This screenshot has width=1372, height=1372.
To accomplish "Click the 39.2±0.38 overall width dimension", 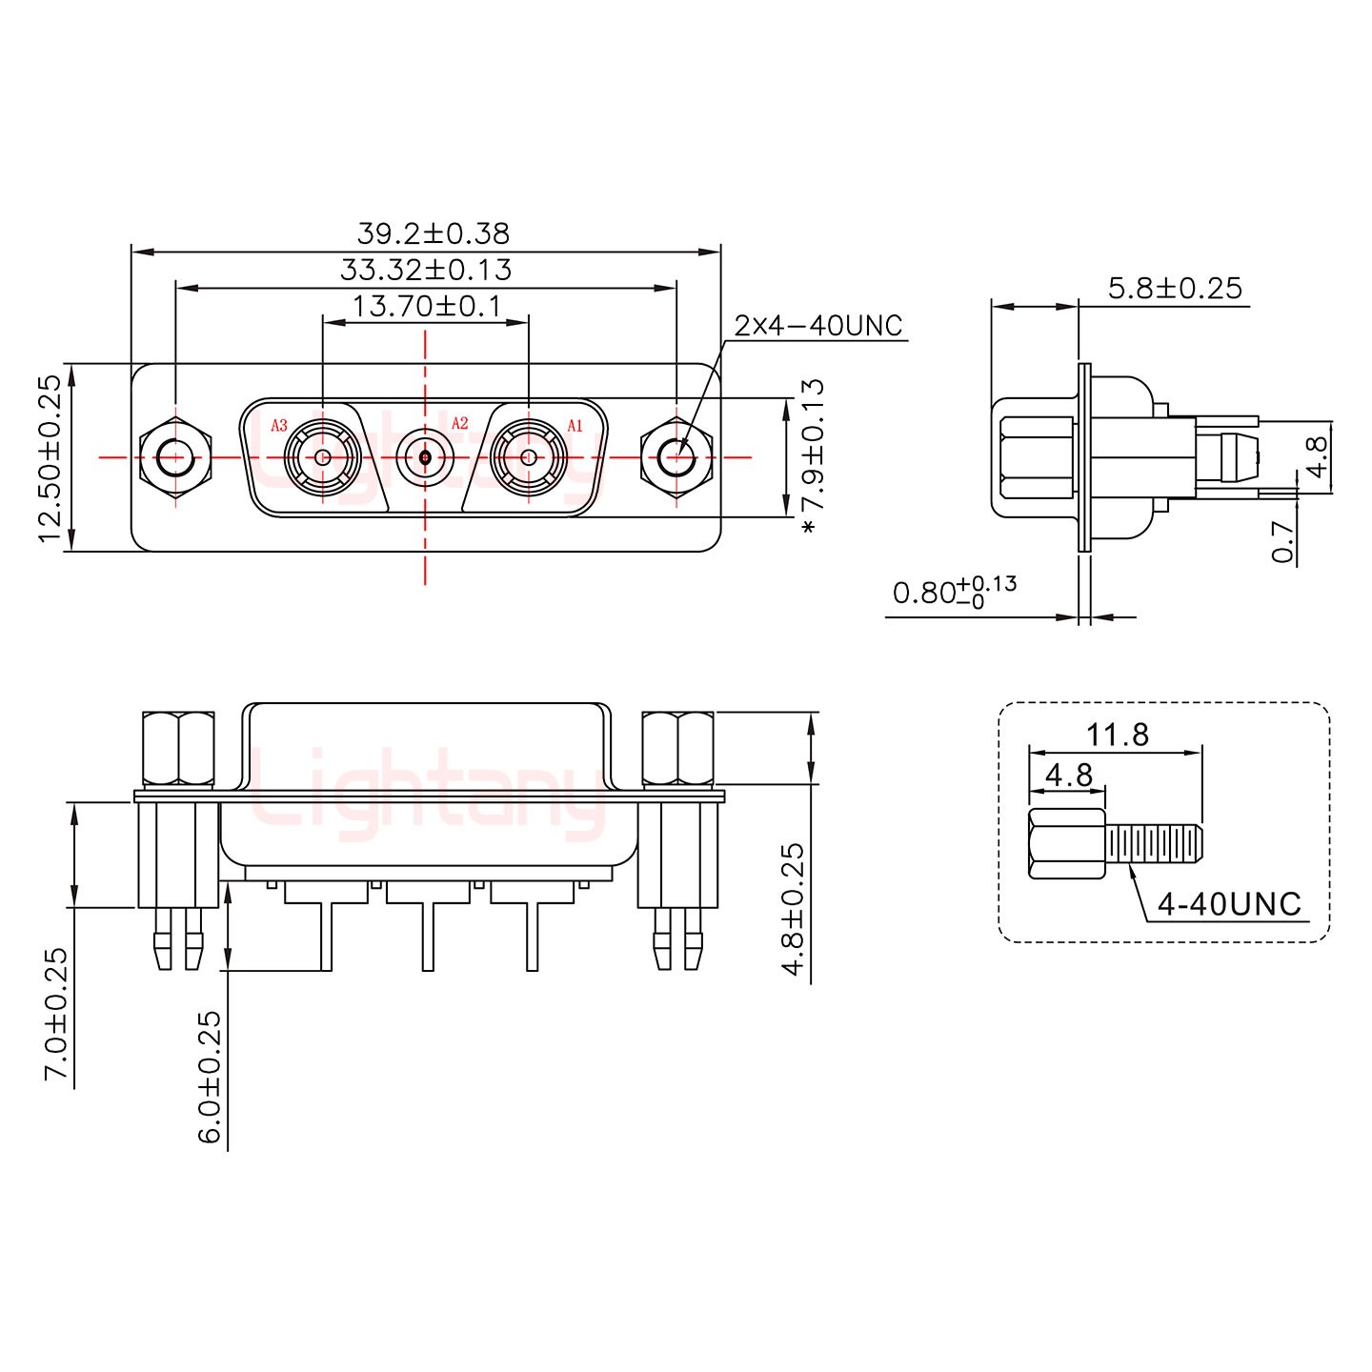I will [x=433, y=233].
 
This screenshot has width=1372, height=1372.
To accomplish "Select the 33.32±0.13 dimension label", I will [x=425, y=271].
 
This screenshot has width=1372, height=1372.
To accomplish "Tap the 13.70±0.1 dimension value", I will [x=426, y=307].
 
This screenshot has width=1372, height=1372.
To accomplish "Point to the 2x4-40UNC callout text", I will [x=817, y=326].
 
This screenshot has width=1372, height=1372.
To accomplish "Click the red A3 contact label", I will [x=279, y=426].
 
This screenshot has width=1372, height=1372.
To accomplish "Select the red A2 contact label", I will [x=459, y=423].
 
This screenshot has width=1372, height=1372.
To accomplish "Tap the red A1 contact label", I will [x=575, y=426].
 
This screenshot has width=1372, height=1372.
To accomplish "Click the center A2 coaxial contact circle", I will [x=425, y=458].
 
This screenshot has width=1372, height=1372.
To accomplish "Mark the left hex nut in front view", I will [x=173, y=458].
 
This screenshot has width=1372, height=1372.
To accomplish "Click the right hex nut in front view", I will [x=676, y=458].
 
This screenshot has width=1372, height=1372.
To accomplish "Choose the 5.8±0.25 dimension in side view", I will [x=1175, y=288].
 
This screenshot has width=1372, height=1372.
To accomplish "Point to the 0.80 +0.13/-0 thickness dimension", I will [x=954, y=592].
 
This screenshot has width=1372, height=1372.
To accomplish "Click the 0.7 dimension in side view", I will [x=1283, y=541].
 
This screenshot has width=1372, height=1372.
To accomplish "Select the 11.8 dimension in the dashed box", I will [x=1117, y=735].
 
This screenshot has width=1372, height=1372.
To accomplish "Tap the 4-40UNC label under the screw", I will [x=1228, y=903].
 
